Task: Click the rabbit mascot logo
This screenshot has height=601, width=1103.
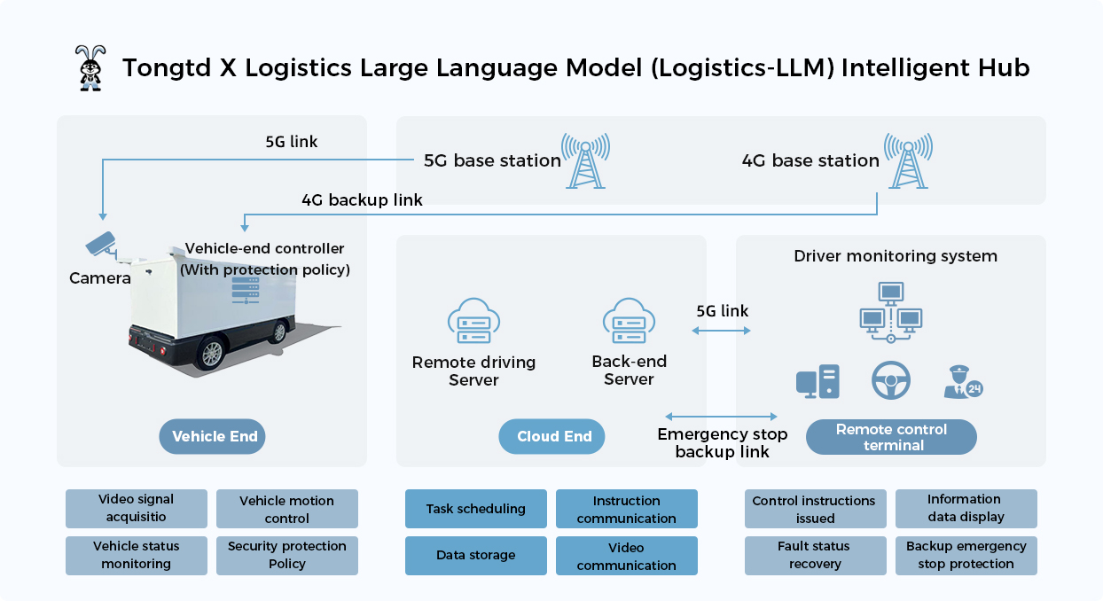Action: click(90, 67)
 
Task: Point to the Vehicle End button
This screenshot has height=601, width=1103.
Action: click(215, 436)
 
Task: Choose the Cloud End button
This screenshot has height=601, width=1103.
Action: click(554, 436)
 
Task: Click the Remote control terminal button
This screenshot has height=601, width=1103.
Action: click(891, 437)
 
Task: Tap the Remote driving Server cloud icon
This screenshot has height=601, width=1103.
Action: click(473, 321)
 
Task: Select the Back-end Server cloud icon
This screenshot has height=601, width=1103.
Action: click(629, 321)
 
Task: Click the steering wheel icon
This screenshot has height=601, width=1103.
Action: click(890, 381)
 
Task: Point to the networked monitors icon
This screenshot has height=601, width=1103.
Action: click(891, 311)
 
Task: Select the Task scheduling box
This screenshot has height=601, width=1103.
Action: click(476, 509)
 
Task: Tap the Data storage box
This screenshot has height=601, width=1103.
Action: click(476, 556)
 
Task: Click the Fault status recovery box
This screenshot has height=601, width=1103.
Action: click(815, 556)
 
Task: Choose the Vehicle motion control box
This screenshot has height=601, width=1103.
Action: click(287, 509)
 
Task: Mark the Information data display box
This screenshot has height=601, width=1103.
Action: click(966, 509)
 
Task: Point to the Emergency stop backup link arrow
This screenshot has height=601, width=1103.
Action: click(721, 417)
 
